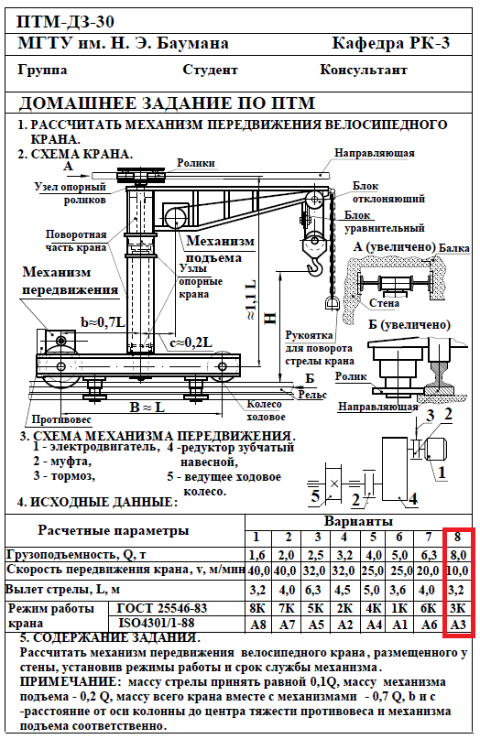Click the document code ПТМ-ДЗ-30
coord(66,22)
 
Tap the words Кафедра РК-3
coord(391,43)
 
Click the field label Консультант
coord(363,70)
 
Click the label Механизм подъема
coord(220,249)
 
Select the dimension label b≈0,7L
coord(103,323)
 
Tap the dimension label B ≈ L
coord(147,407)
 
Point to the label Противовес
coord(61,419)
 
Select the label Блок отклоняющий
coord(388,192)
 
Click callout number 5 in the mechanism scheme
coord(315,495)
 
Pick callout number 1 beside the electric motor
coord(442,473)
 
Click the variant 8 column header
coord(457,537)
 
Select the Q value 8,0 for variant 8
coord(458,555)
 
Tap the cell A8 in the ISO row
coord(258,625)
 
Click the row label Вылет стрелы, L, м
coord(62,589)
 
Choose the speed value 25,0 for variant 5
coord(373,571)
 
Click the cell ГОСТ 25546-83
coord(162,608)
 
